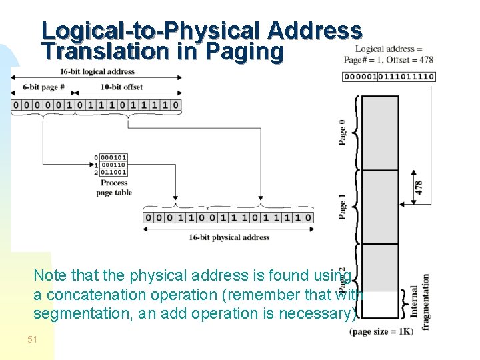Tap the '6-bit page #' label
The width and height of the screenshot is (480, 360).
43,87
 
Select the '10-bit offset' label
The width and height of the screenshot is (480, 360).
121,87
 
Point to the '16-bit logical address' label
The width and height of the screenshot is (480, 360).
97,71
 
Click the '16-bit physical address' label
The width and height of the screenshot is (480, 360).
229,237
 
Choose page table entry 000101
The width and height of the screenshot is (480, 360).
113,158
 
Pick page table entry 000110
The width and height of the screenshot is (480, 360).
113,165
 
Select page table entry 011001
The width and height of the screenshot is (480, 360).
113,173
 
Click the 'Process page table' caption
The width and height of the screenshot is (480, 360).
114,188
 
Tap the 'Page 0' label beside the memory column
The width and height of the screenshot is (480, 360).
343,132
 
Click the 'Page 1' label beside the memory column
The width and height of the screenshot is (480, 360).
343,206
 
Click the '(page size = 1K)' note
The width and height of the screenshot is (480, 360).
381,331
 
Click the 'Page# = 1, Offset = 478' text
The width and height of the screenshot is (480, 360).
389,59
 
